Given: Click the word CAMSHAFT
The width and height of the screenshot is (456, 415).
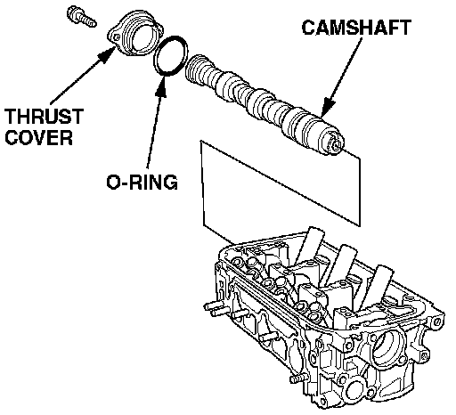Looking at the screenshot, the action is pyautogui.click(x=356, y=28).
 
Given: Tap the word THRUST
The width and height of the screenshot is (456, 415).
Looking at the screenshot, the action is pyautogui.click(x=44, y=116).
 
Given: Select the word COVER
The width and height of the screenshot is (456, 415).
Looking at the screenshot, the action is pyautogui.click(x=39, y=137).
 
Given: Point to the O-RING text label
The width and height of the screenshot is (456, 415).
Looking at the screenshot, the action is pyautogui.click(x=142, y=182).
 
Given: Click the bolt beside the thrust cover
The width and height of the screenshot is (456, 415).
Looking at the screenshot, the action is pyautogui.click(x=82, y=17).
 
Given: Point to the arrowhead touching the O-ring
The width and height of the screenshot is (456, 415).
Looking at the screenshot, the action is pyautogui.click(x=162, y=86).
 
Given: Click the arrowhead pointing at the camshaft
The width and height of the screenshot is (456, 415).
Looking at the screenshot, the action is pyautogui.click(x=328, y=107).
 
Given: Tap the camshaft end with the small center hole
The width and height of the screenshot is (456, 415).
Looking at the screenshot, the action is pyautogui.click(x=335, y=142).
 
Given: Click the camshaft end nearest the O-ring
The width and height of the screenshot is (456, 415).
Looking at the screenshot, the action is pyautogui.click(x=193, y=69).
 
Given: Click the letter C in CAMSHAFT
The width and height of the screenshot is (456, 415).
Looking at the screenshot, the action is pyautogui.click(x=309, y=28).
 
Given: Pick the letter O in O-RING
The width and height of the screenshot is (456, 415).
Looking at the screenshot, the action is pyautogui.click(x=114, y=182).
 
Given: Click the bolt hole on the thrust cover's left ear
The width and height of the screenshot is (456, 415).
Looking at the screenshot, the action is pyautogui.click(x=117, y=37).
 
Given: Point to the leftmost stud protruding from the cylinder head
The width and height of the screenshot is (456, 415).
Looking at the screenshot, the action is pyautogui.click(x=216, y=309).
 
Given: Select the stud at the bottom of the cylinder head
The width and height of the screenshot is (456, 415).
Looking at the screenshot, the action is pyautogui.click(x=298, y=378).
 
